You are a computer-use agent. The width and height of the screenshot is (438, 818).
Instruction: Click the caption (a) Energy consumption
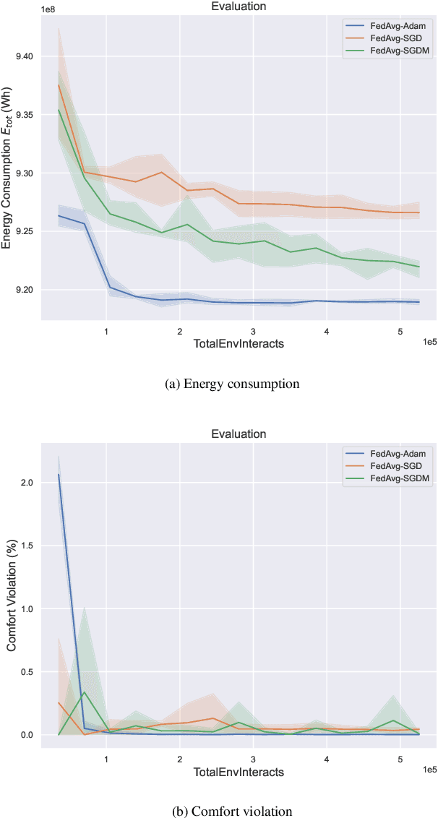point(231,384)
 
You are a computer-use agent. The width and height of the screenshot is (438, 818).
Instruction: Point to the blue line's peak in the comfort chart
point(59,475)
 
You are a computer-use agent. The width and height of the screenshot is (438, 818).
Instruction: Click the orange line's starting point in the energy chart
point(59,85)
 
